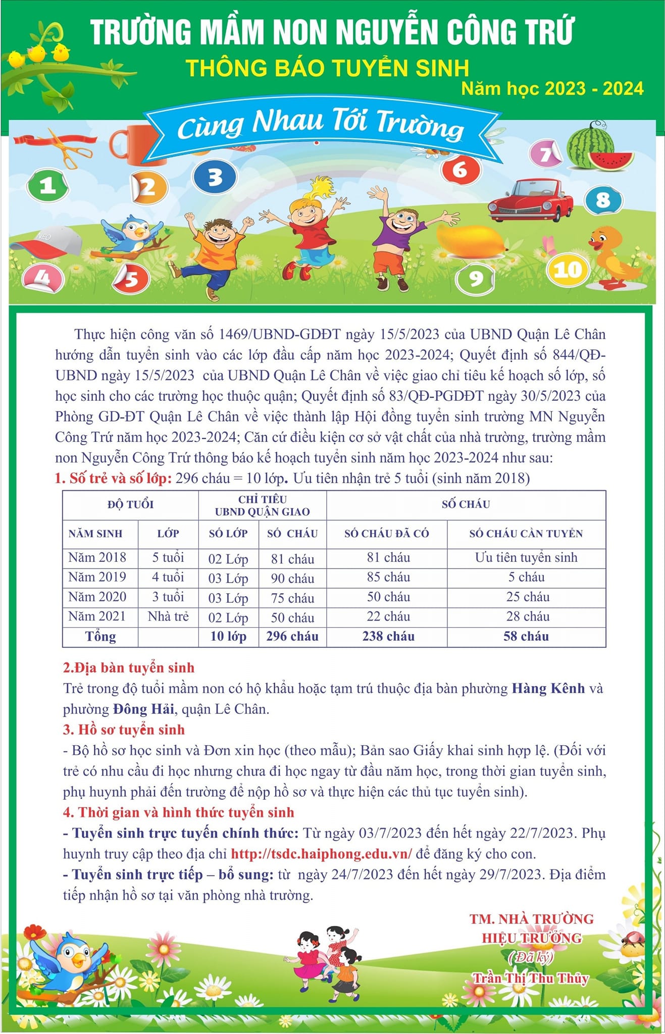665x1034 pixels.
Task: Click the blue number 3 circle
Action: (x=215, y=177)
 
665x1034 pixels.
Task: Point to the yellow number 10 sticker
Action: (x=569, y=270)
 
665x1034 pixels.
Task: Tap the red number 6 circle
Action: (x=460, y=170)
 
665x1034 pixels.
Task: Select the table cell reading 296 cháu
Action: (x=292, y=636)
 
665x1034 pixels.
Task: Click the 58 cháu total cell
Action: (x=526, y=636)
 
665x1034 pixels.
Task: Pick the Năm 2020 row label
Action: (x=97, y=597)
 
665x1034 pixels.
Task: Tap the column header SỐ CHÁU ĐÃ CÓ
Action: (x=387, y=534)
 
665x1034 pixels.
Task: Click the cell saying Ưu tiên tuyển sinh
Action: (x=526, y=557)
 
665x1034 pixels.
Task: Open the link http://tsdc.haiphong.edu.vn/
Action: (x=321, y=854)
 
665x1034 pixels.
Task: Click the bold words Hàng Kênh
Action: (x=548, y=688)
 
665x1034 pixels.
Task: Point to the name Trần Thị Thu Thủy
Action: (x=531, y=978)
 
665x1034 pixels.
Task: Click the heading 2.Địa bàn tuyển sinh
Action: (x=129, y=667)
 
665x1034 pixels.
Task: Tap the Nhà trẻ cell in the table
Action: (x=168, y=616)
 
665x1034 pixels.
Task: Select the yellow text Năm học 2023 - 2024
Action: (x=553, y=89)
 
